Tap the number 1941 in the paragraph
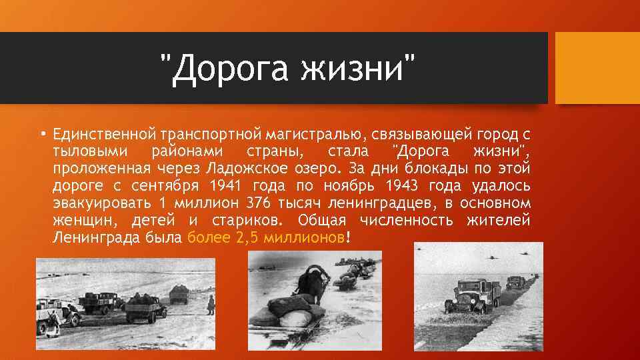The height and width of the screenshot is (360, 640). pos(228,184)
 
